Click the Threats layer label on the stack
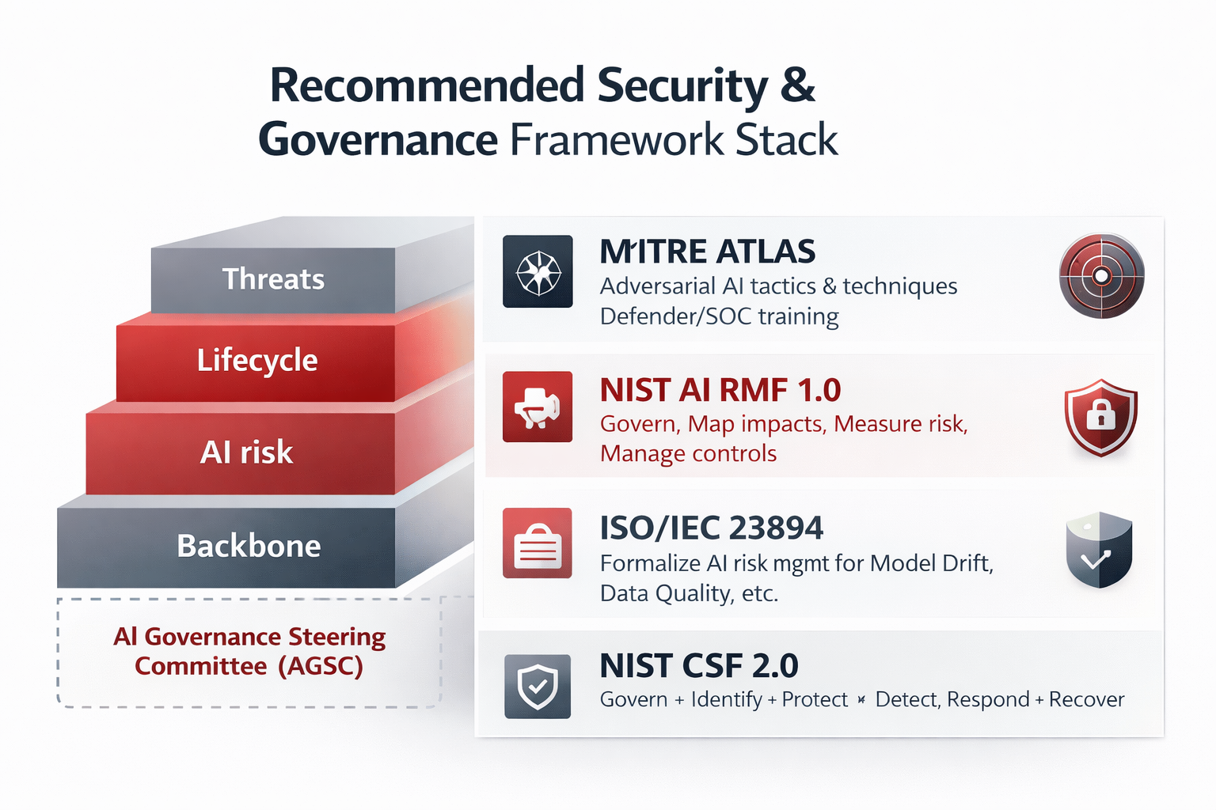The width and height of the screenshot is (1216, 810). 273,279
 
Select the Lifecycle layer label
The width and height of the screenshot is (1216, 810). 257,360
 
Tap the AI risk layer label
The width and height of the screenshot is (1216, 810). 246,452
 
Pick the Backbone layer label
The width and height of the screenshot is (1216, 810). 249,546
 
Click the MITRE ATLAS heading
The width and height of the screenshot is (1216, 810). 707,252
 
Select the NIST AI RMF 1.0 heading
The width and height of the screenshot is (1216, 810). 720,390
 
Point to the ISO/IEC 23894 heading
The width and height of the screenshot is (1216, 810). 711,528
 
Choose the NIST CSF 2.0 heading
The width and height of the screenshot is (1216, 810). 698,666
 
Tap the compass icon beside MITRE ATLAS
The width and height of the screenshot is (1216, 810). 538,271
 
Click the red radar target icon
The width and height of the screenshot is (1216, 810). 1101,276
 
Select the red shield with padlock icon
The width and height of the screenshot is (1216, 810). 1100,417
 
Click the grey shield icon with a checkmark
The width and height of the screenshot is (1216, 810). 1099,550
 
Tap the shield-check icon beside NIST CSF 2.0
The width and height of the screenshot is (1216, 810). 538,686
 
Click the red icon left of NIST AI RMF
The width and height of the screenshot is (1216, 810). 538,407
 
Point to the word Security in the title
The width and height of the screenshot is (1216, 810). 682,85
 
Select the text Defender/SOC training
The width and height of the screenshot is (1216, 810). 719,316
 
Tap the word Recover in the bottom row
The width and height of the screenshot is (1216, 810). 1086,699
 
